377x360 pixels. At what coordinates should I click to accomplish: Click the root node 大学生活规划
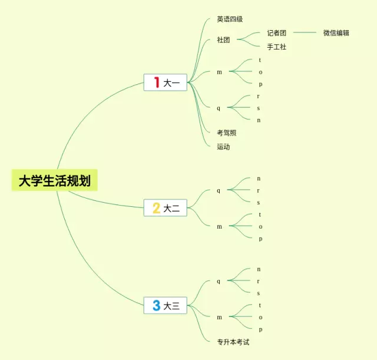[54, 180]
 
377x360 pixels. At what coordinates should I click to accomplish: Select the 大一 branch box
[165, 82]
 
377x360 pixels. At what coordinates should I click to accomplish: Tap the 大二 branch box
[165, 207]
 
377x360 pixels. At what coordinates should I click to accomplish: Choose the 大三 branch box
[165, 305]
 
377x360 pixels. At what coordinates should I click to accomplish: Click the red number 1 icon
[157, 82]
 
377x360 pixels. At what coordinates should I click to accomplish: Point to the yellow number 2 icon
[156, 207]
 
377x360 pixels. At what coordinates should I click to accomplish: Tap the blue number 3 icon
[156, 305]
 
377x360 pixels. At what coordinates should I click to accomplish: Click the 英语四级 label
[230, 19]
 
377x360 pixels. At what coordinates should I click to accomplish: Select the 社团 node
[223, 40]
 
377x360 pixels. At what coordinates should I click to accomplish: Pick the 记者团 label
[276, 33]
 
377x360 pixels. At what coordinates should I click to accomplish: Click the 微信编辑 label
[336, 33]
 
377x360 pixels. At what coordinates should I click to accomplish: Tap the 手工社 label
[276, 47]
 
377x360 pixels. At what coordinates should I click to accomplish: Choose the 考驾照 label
[226, 133]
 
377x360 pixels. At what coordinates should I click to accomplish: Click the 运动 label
[223, 147]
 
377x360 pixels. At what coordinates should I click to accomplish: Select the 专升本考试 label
[233, 342]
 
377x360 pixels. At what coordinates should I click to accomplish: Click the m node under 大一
[219, 72]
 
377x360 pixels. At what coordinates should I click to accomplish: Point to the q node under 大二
[219, 190]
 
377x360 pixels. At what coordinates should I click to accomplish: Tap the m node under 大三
[219, 317]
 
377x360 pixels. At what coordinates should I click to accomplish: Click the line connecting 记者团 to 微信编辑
[305, 33]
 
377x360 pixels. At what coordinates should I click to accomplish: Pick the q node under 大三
[219, 281]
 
